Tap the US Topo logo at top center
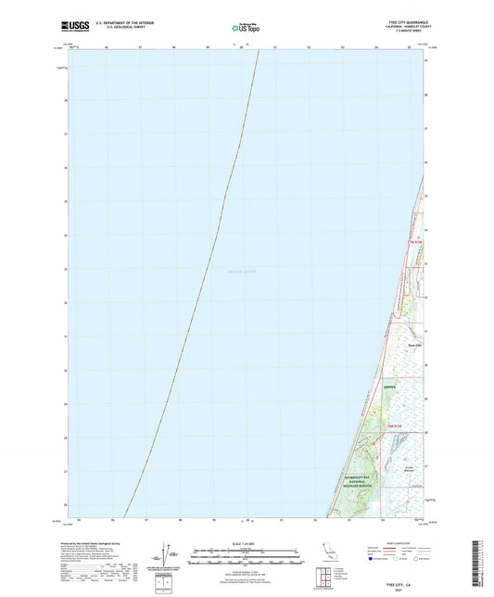pos(247,29)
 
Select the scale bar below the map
pos(247,557)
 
